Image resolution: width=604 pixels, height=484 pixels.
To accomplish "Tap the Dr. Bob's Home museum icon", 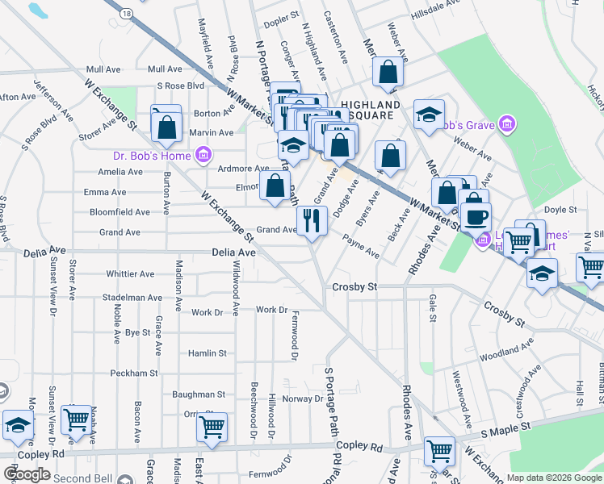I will (203, 154).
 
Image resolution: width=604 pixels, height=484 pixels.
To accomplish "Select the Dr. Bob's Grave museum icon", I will (507, 125).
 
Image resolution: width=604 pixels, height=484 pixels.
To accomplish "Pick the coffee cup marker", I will (476, 216).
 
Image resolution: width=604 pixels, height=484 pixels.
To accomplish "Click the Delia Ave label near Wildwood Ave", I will (235, 252).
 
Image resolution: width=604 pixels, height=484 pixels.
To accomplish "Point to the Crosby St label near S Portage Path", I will (355, 287).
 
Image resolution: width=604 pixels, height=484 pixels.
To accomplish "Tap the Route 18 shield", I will (126, 14).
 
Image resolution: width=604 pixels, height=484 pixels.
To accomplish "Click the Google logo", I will (27, 474).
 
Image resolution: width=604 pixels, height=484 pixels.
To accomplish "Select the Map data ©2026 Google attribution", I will (555, 478).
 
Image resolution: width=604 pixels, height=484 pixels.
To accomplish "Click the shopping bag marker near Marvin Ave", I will (166, 126).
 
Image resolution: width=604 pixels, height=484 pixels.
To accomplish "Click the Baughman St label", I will (199, 394).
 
